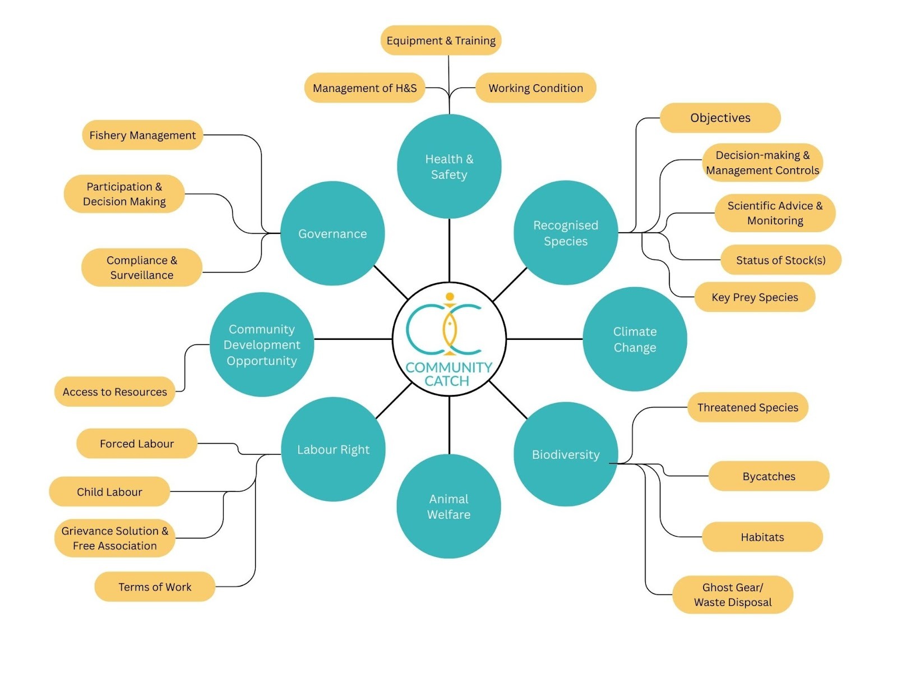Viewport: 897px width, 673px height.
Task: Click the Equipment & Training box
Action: coord(441,40)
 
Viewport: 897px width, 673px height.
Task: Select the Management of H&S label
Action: coord(364,88)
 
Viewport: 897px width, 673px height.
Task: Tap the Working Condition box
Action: coord(535,88)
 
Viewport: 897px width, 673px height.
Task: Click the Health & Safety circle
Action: coord(449,167)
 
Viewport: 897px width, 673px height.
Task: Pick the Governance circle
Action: coord(332,233)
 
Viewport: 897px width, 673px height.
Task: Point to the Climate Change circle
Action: coord(635,339)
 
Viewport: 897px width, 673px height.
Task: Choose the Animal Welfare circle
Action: coord(449,506)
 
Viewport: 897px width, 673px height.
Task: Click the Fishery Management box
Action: coord(142,135)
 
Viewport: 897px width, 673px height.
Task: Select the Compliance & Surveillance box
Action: coord(142,268)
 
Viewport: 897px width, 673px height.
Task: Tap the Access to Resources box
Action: coord(115,391)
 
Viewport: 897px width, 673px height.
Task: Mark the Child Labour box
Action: coord(109,492)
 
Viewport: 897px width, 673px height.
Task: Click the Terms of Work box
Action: coord(155,587)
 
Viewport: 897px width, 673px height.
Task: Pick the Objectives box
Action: coord(720,118)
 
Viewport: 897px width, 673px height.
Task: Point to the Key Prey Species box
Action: coord(755,297)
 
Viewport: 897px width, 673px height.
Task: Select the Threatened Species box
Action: coord(747,408)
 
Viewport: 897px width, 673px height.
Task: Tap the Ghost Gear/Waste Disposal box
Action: coord(733,594)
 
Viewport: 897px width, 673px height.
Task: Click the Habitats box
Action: coord(762,537)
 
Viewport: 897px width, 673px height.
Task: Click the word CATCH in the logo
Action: coord(447,381)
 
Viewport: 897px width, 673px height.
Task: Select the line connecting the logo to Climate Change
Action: coord(544,339)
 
